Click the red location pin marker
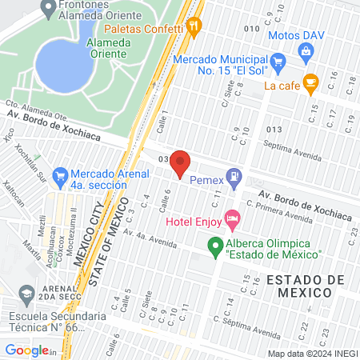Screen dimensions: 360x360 point(180,163)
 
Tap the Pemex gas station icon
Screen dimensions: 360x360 point(234,177)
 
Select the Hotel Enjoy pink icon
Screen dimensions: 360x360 point(232,218)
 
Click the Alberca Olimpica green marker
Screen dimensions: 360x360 point(214,246)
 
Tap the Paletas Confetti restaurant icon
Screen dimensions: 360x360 point(194,26)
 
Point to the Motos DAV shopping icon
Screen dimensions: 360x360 point(304,50)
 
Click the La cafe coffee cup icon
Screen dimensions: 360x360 point(311,82)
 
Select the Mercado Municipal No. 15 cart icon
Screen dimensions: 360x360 point(278,62)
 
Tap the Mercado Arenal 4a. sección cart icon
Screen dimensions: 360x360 point(59,174)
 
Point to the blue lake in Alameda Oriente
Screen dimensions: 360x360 point(63,64)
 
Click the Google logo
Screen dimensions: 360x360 point(27,350)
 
